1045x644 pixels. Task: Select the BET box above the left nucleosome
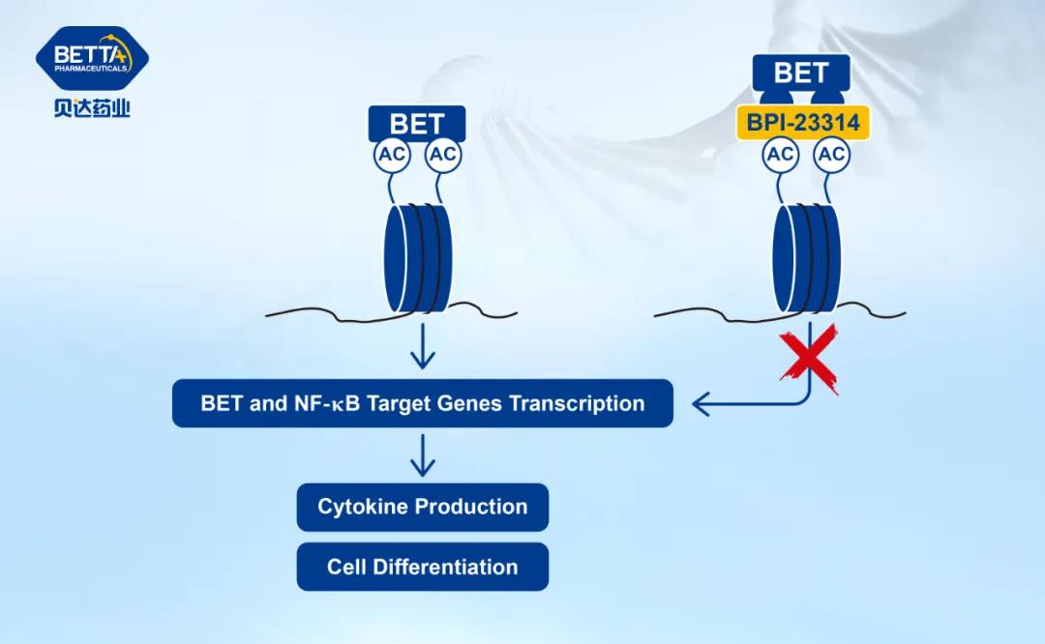click(417, 124)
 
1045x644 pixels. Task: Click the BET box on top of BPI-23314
click(801, 73)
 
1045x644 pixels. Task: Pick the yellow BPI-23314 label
click(802, 124)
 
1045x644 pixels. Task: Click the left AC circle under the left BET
click(392, 155)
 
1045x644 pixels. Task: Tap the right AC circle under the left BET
click(443, 155)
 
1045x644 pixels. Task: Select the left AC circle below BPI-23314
click(780, 155)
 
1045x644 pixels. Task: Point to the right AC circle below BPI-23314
click(831, 155)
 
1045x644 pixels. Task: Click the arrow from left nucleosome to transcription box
click(422, 348)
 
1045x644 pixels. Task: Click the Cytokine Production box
click(422, 507)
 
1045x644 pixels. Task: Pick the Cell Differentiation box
click(422, 567)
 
